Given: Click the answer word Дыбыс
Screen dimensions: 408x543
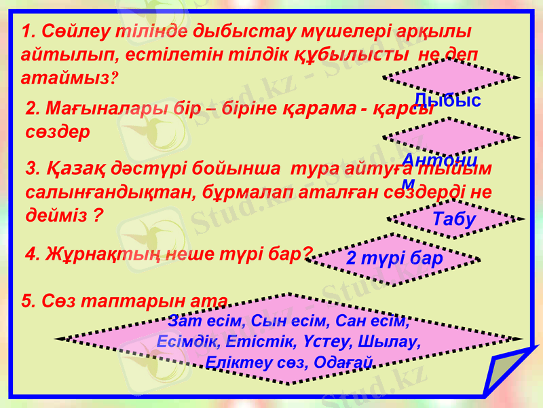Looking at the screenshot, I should [447, 101].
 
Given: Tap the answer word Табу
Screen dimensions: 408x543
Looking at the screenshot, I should [454, 220].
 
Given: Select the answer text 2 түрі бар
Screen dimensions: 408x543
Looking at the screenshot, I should [394, 258].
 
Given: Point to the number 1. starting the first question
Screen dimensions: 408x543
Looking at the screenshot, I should [29, 32].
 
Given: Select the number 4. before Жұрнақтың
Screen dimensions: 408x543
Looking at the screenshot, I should [32, 254].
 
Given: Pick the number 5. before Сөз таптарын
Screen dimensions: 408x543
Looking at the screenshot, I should [29, 301].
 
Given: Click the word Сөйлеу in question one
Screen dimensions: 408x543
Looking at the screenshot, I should [67, 32].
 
